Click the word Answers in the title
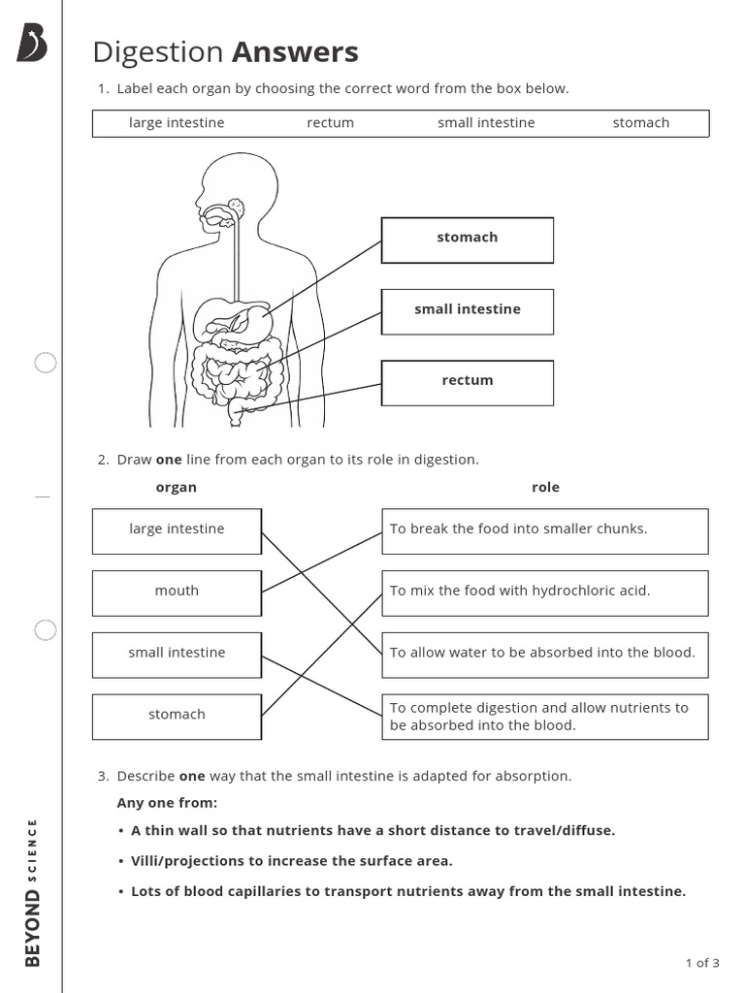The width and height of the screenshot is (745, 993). pyautogui.click(x=295, y=52)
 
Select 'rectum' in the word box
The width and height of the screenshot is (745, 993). pyautogui.click(x=330, y=123)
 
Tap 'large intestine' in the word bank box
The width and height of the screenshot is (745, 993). pyautogui.click(x=177, y=123)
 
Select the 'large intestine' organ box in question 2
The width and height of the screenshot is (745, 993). pyautogui.click(x=177, y=530)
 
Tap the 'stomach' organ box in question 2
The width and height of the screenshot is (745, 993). pyautogui.click(x=177, y=716)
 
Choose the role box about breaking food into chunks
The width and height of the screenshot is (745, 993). pyautogui.click(x=544, y=530)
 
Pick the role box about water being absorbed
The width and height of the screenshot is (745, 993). pyautogui.click(x=544, y=654)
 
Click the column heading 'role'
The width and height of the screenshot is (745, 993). pyautogui.click(x=545, y=488)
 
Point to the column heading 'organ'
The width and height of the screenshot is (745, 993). pyautogui.click(x=176, y=488)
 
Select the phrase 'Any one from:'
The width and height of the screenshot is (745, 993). pyautogui.click(x=167, y=803)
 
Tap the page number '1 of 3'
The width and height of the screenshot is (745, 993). pyautogui.click(x=701, y=963)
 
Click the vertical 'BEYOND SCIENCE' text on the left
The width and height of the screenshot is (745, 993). pyautogui.click(x=33, y=892)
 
